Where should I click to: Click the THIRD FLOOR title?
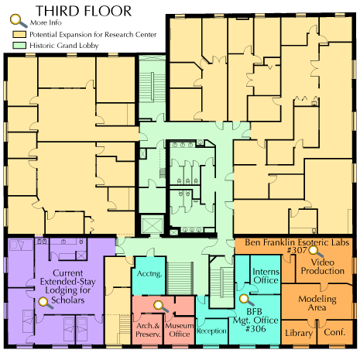pyautogui.click(x=84, y=11)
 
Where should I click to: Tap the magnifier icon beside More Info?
pyautogui.click(x=19, y=21)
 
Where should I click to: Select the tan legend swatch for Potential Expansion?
pyautogui.click(x=19, y=34)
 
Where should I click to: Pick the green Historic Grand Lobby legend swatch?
pyautogui.click(x=19, y=46)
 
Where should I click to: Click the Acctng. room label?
pyautogui.click(x=149, y=274)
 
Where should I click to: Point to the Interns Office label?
pyautogui.click(x=266, y=276)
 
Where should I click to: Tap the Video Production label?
pyautogui.click(x=323, y=266)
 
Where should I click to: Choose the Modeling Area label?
pyautogui.click(x=317, y=303)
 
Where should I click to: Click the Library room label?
pyautogui.click(x=299, y=333)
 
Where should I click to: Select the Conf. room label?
pyautogui.click(x=334, y=332)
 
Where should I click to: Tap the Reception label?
pyautogui.click(x=211, y=331)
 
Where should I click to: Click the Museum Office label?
pyautogui.click(x=180, y=330)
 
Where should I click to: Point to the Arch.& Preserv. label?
pyautogui.click(x=148, y=330)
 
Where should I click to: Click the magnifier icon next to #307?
pyautogui.click(x=315, y=252)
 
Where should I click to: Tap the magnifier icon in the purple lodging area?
pyautogui.click(x=45, y=303)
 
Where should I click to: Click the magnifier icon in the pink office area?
pyautogui.click(x=160, y=307)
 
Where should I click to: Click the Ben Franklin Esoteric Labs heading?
pyautogui.click(x=297, y=242)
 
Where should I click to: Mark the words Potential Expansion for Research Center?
pyautogui.click(x=93, y=35)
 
